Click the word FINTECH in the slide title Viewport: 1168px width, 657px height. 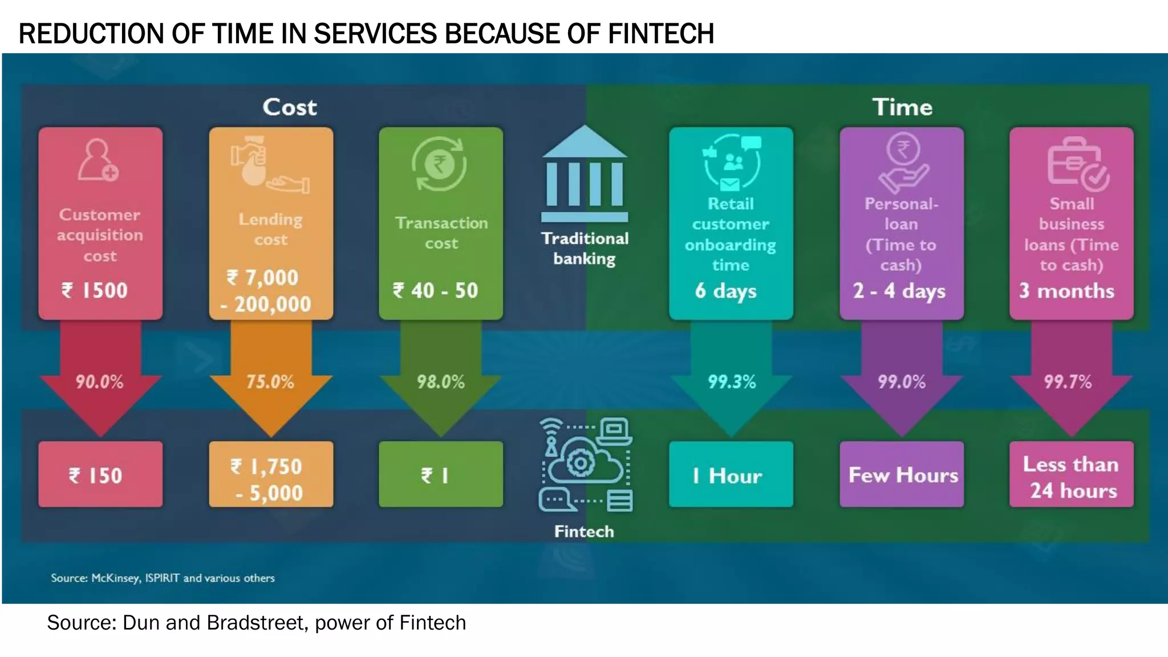click(x=660, y=34)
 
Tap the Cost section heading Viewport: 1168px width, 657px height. click(x=289, y=107)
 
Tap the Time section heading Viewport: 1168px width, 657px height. click(x=902, y=107)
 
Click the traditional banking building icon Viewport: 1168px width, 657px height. click(x=585, y=174)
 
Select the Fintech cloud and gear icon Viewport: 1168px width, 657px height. click(x=585, y=465)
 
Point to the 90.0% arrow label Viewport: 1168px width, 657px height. click(x=100, y=382)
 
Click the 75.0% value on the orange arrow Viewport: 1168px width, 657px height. click(x=270, y=382)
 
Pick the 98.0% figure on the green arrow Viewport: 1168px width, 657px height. click(x=440, y=382)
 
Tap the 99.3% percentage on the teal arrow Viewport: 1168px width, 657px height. click(x=732, y=382)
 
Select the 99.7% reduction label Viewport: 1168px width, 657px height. click(x=1068, y=382)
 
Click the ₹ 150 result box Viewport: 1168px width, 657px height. click(x=100, y=474)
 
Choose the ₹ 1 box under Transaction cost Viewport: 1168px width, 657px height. click(x=441, y=474)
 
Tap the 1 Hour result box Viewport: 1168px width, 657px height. click(x=731, y=474)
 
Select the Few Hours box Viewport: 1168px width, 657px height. click(x=902, y=474)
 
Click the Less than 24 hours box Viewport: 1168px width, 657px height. click(x=1071, y=474)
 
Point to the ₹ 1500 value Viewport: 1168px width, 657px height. click(x=95, y=290)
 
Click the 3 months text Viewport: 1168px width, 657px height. click(x=1066, y=291)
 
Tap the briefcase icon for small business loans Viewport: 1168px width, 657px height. click(x=1077, y=165)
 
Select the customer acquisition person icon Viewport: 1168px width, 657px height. click(x=98, y=160)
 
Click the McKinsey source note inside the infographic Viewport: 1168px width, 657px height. click(x=163, y=578)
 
